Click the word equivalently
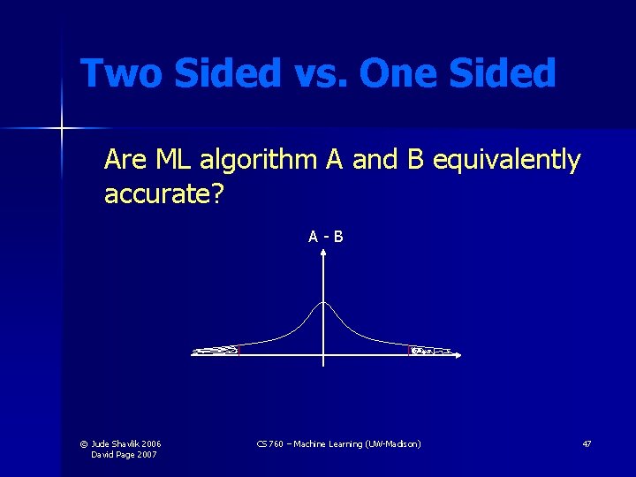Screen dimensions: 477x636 pyautogui.click(x=507, y=161)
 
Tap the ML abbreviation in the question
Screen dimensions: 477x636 pyautogui.click(x=176, y=161)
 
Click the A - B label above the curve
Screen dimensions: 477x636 pyautogui.click(x=325, y=236)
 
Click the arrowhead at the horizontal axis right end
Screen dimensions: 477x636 pyautogui.click(x=459, y=353)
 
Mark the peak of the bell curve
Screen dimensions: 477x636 pyautogui.click(x=324, y=303)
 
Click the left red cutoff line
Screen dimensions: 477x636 pyautogui.click(x=238, y=350)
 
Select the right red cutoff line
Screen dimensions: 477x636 pyautogui.click(x=410, y=350)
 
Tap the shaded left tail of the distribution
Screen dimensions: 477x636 pyautogui.click(x=216, y=351)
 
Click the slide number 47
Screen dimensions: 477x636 pyautogui.click(x=587, y=443)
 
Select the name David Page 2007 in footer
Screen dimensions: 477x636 pyautogui.click(x=124, y=454)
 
